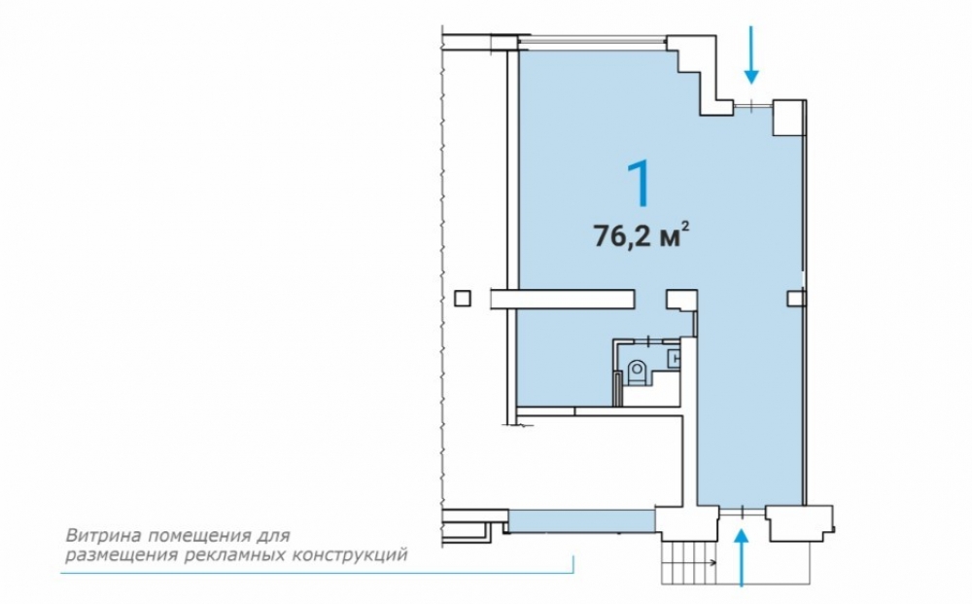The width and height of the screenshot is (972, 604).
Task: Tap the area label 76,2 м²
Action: [x=642, y=235]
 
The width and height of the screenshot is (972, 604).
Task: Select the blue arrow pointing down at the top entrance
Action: [x=751, y=54]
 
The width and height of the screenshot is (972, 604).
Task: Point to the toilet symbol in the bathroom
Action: [x=637, y=373]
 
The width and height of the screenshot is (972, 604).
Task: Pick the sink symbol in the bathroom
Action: [x=674, y=359]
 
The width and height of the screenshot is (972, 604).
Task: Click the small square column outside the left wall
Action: [x=463, y=299]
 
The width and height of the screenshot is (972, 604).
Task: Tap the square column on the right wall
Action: [x=795, y=299]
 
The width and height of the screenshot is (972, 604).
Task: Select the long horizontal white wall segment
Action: [x=563, y=299]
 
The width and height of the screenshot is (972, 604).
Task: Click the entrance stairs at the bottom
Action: [x=689, y=562]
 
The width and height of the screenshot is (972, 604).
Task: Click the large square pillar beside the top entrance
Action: [x=788, y=118]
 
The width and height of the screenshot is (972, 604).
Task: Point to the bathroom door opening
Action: [x=648, y=340]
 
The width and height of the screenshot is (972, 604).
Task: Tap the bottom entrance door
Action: [x=742, y=511]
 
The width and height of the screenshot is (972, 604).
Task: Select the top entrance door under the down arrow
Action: [x=752, y=107]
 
